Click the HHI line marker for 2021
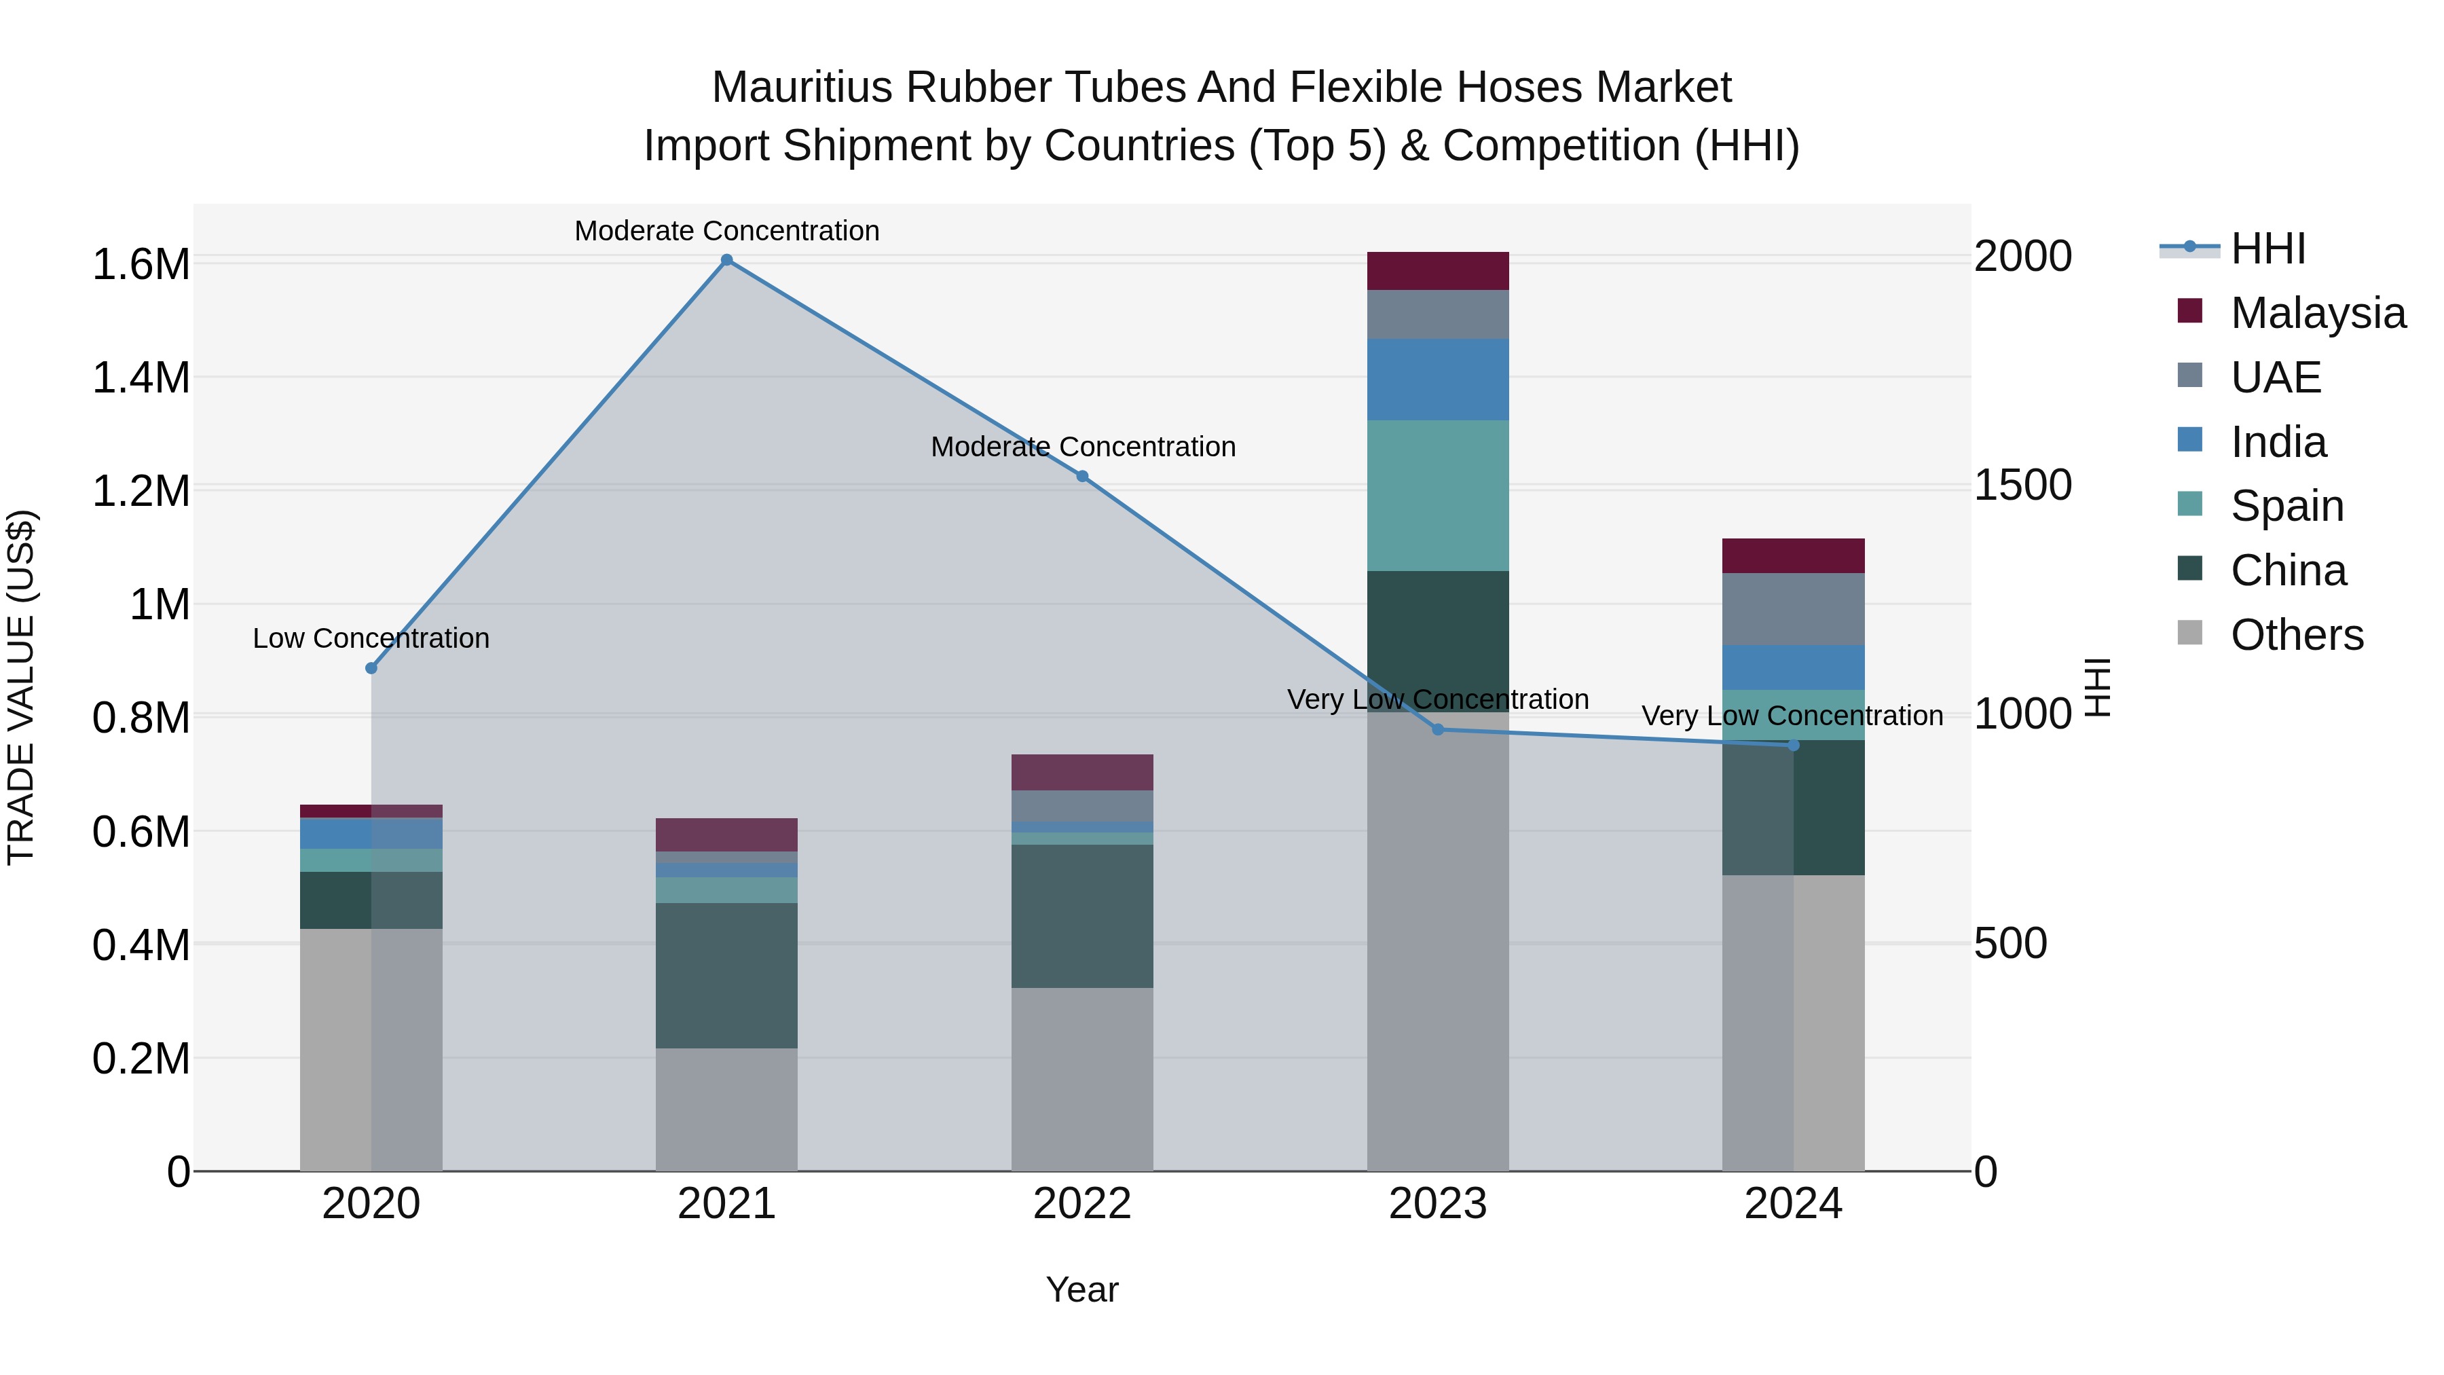click(726, 260)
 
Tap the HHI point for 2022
click(1083, 477)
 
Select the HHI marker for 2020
click(371, 668)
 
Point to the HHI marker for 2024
click(1793, 746)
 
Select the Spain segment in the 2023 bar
click(1437, 496)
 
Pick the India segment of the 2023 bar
click(1437, 380)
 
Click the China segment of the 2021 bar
click(726, 976)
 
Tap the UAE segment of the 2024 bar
click(1793, 609)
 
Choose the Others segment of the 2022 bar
click(1083, 1079)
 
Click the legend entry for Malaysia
click(2318, 313)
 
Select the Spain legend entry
click(2286, 506)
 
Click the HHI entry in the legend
click(2267, 249)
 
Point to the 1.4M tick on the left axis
click(141, 378)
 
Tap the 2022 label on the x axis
click(1083, 1204)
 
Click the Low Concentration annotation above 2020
click(371, 639)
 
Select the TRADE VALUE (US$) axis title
click(21, 687)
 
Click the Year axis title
click(1083, 1289)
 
